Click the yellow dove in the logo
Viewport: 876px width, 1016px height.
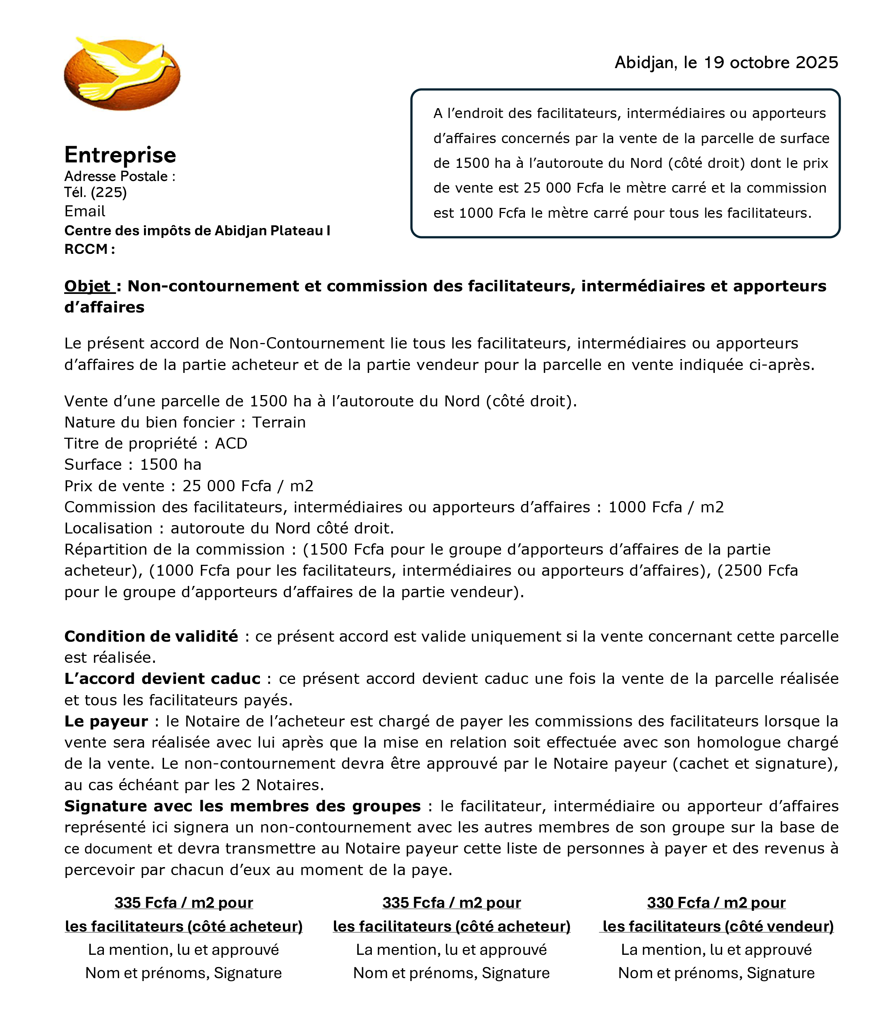tap(125, 69)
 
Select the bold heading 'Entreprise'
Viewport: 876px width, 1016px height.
tap(120, 155)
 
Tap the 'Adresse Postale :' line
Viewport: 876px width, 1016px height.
tap(120, 177)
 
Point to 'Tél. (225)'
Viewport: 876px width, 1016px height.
tap(96, 192)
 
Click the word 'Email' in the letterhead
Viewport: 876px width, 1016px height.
tap(85, 211)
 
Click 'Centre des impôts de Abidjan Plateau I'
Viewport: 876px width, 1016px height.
tap(197, 231)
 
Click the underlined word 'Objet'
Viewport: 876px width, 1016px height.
tap(88, 286)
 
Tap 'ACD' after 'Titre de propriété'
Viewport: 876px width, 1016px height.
tap(231, 443)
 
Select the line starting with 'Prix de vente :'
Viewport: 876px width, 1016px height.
tap(189, 486)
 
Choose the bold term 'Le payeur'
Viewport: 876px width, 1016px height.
tap(106, 721)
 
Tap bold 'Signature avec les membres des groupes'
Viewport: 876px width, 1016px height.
tap(242, 806)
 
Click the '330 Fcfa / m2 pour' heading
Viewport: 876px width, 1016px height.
tap(716, 903)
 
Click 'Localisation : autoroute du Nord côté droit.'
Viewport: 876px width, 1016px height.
tap(229, 528)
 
